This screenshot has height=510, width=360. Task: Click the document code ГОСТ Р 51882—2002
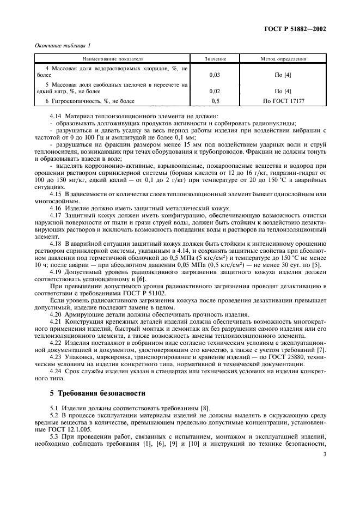(x=298, y=29)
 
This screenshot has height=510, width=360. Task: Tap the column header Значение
(x=215, y=58)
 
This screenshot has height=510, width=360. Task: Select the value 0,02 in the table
(x=215, y=92)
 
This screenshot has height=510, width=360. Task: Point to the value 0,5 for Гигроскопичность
(x=215, y=101)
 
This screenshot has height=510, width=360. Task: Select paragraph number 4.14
(x=56, y=116)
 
